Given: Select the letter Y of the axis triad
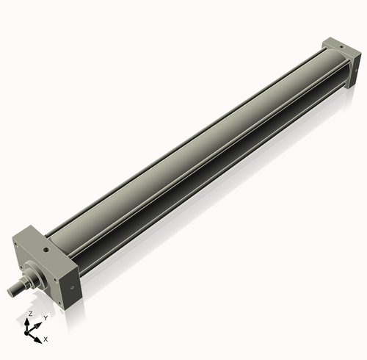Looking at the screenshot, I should [45, 318].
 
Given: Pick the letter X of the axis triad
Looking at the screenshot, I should [46, 339].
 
